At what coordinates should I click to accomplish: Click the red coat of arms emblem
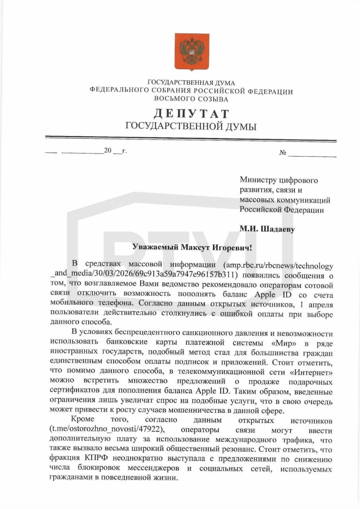click(192, 51)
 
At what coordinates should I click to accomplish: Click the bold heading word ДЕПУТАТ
click(191, 114)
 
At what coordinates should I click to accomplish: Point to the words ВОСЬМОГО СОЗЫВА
click(191, 99)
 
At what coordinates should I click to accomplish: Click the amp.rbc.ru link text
click(279, 265)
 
